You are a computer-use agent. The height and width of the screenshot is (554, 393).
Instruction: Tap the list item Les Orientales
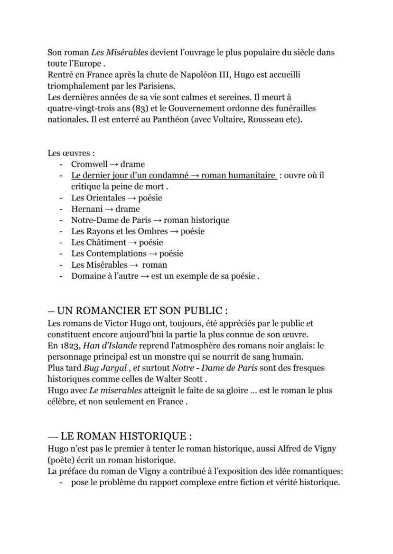point(98,198)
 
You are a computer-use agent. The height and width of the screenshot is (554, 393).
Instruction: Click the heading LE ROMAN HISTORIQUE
point(125,436)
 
